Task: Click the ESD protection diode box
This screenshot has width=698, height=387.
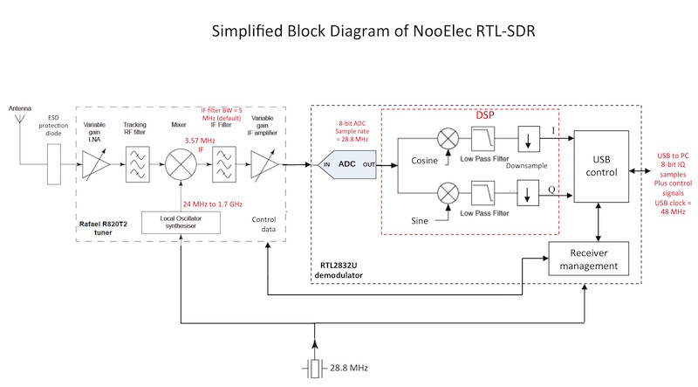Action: coord(56,163)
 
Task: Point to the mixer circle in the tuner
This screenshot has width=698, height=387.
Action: coord(180,163)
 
